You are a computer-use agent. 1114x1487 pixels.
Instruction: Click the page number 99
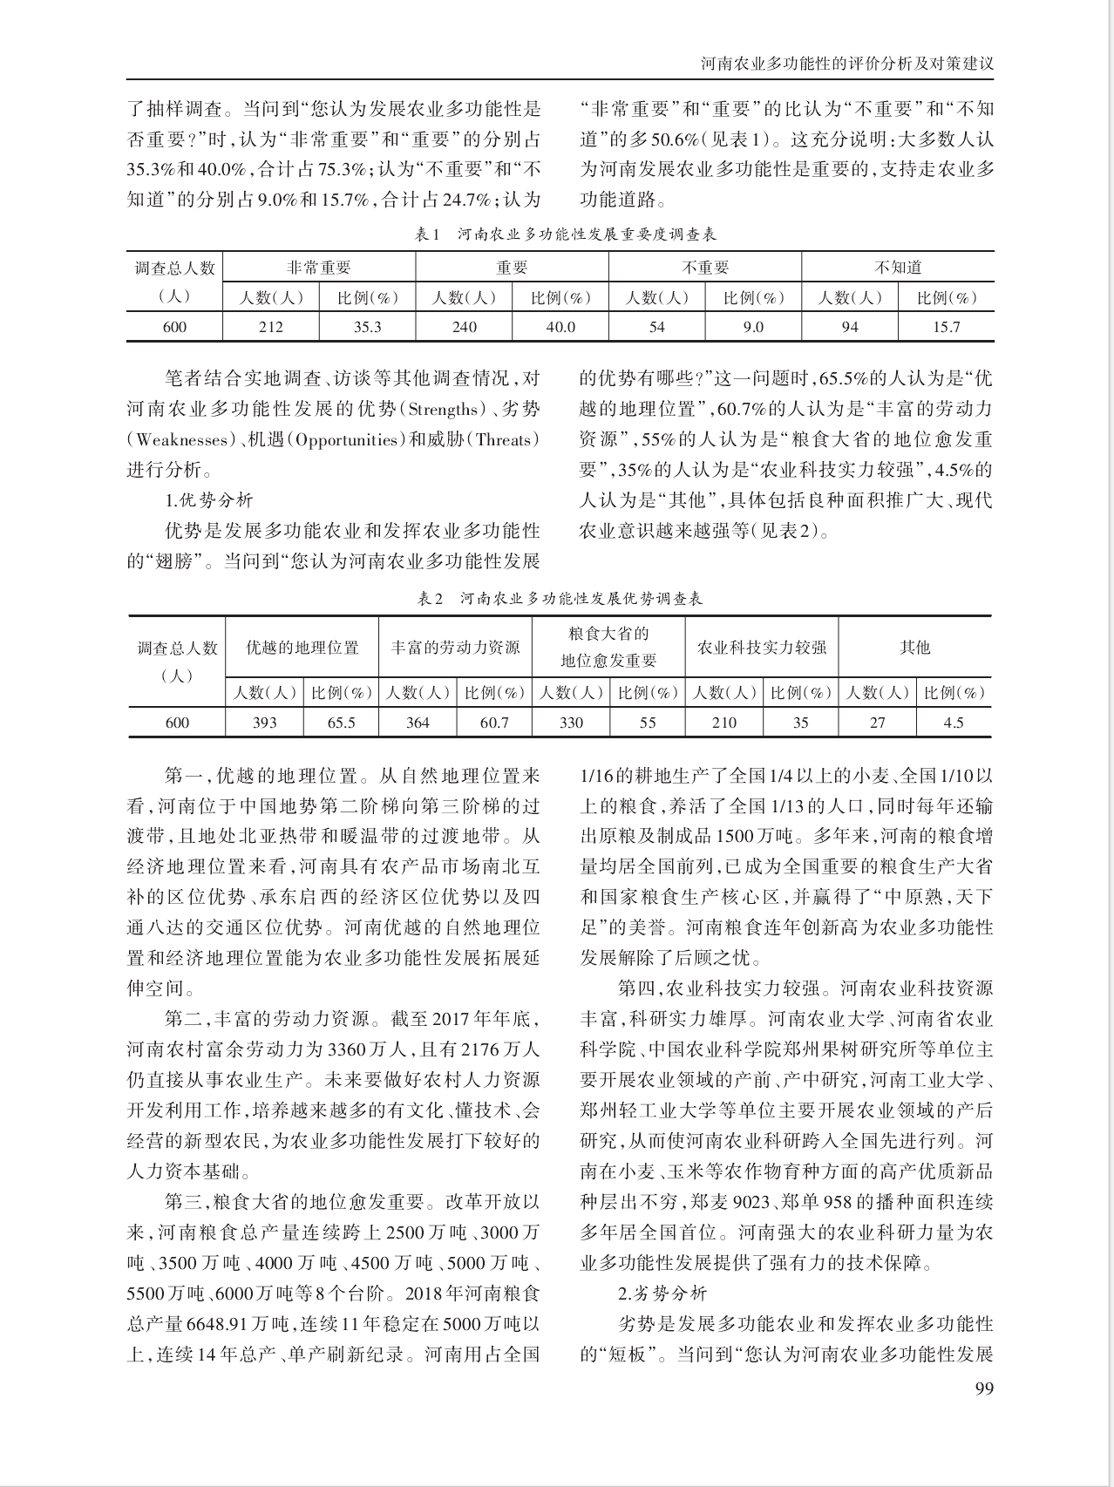coord(983,1389)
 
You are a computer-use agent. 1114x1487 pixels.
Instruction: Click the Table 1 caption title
coord(567,234)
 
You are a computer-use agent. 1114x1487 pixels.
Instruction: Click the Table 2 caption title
coord(560,599)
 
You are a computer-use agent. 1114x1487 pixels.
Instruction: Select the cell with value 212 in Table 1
coord(271,327)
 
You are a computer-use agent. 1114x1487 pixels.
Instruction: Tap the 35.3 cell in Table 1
coord(367,327)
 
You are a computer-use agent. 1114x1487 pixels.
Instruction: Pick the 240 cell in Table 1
coord(464,327)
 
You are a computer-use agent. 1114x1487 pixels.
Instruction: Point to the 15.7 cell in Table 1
coord(946,327)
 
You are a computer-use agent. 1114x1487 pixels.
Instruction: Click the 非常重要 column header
coord(319,268)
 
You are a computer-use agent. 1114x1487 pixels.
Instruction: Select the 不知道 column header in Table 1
coord(898,268)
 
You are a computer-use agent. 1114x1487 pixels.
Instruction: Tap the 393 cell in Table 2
coord(264,723)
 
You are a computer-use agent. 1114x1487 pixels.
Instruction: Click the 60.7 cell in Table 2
coord(494,723)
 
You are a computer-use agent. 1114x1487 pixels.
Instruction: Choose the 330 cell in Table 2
coord(571,723)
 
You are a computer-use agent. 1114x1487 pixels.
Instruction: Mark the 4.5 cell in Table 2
coord(954,723)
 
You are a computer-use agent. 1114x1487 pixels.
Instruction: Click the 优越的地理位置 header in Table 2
coord(302,648)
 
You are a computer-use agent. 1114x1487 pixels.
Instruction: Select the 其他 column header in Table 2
coord(915,648)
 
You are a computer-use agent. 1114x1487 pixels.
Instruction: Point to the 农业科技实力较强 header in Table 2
coord(762,648)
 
